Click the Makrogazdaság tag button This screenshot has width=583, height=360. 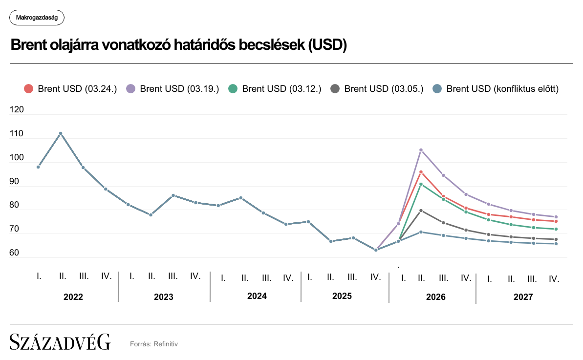coord(37,18)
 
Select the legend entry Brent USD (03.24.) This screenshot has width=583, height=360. coord(70,88)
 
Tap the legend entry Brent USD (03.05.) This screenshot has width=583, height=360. coord(377,88)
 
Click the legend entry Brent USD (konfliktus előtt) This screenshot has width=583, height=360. coord(496,88)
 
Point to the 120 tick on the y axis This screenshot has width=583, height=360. coord(17,110)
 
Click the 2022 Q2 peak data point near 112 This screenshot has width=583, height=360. coord(61,133)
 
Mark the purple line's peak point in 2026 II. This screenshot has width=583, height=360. coord(421,150)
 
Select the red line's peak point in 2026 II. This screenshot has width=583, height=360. coord(421,172)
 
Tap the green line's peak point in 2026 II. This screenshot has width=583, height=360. coord(421,184)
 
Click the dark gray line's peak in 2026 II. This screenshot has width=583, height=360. coord(421,211)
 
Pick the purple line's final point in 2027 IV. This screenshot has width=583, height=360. coord(556,217)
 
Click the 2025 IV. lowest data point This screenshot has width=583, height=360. coord(376,250)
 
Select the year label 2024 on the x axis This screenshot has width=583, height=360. coord(257,296)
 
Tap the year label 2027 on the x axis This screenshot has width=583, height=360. coord(523,296)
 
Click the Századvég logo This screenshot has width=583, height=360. coord(60,342)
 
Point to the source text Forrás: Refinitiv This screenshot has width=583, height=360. coord(154,344)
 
